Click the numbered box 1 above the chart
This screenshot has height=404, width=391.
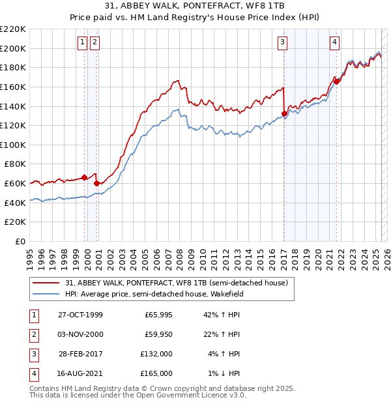click(83, 43)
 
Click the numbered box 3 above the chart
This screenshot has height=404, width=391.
click(283, 43)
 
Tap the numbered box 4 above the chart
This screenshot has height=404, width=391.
click(334, 43)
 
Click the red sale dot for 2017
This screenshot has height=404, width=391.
click(284, 113)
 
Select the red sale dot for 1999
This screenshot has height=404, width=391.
click(85, 177)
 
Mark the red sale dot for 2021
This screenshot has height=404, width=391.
click(336, 81)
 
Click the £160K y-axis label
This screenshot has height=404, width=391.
click(13, 87)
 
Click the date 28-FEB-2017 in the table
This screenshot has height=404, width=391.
click(81, 354)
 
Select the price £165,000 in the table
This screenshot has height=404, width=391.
click(158, 373)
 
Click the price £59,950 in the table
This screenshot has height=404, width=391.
click(158, 335)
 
